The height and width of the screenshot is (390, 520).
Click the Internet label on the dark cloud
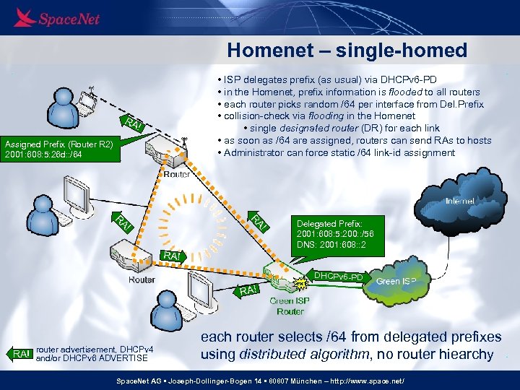[459, 201]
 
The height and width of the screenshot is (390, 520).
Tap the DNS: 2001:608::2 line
[333, 246]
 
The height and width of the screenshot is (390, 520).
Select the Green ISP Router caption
[290, 305]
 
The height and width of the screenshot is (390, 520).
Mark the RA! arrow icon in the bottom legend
[22, 353]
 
